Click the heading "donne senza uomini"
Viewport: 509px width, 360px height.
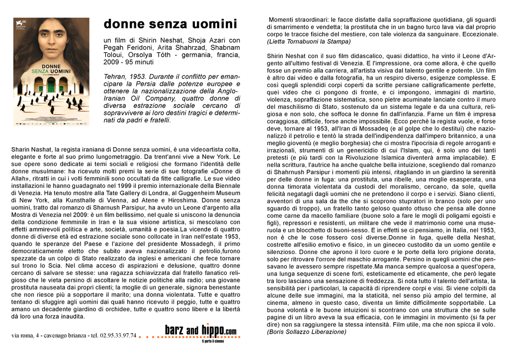coord(170,24)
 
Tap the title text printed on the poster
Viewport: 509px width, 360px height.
coord(51,69)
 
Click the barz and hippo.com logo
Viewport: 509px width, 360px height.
coord(201,331)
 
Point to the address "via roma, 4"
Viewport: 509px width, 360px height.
coord(26,336)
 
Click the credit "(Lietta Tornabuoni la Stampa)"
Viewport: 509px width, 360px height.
coord(309,41)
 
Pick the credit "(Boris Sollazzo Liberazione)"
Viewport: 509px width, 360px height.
coord(306,332)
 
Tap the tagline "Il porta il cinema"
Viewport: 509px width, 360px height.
coord(213,341)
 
